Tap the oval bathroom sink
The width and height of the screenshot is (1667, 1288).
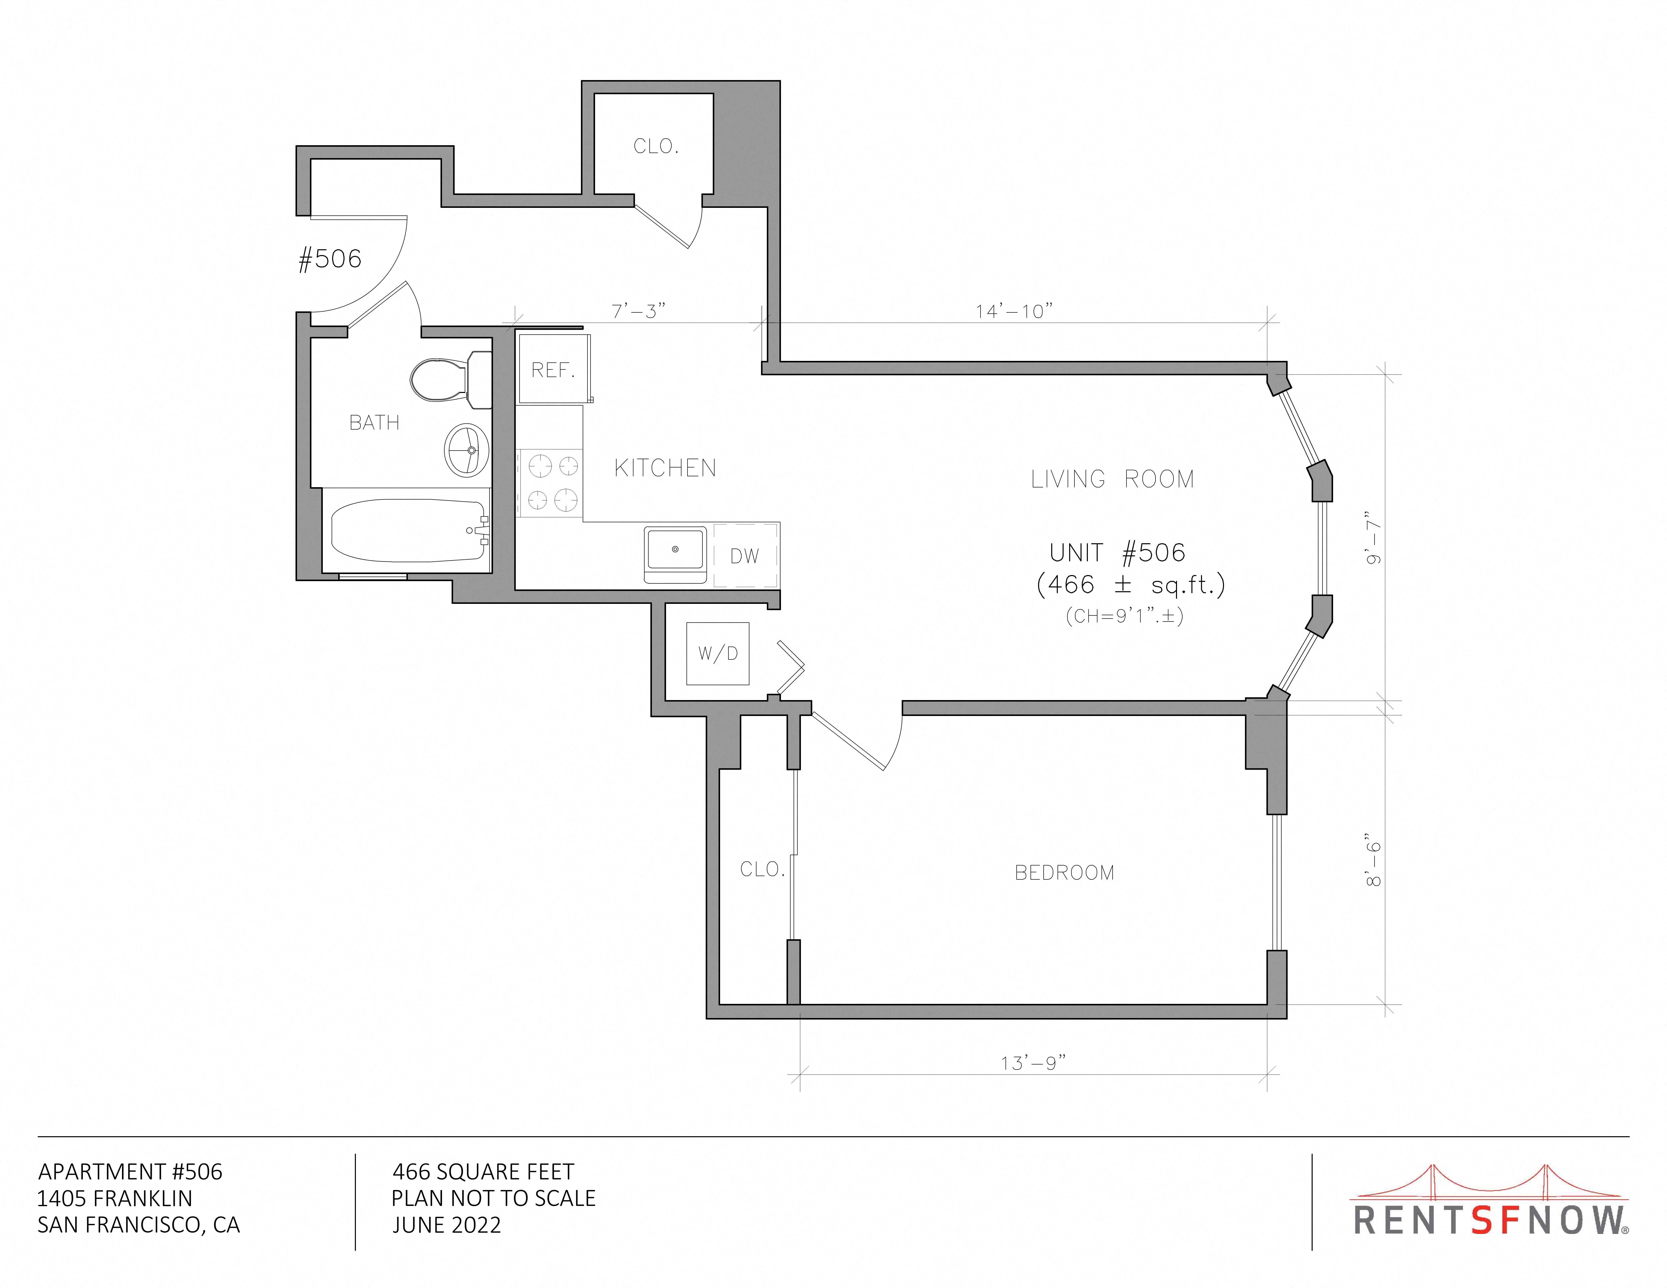point(465,450)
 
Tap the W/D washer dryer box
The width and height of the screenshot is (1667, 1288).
point(718,653)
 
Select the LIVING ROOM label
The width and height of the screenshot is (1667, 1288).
point(1112,479)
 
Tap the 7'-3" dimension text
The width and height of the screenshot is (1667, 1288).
point(638,311)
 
